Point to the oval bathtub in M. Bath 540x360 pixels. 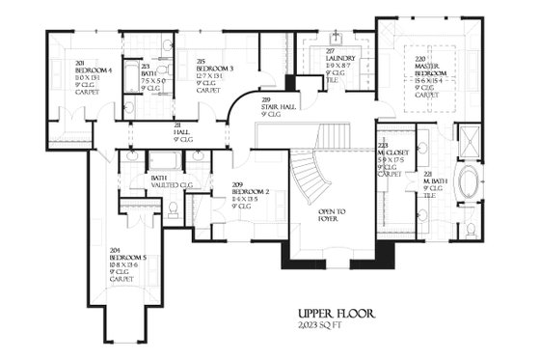click(x=471, y=183)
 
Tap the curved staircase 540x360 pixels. click(x=309, y=179)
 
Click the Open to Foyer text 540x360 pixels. click(x=332, y=214)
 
